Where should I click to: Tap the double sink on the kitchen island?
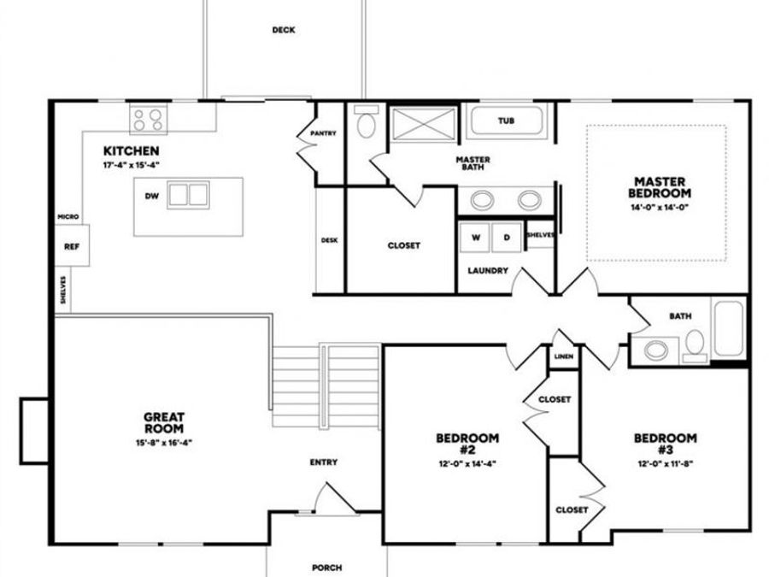click(188, 195)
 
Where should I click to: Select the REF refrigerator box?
click(71, 247)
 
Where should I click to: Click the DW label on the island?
click(151, 196)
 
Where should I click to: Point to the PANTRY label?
click(324, 133)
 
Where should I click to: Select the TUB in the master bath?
click(506, 121)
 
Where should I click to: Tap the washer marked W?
click(475, 238)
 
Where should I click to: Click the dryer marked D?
click(506, 238)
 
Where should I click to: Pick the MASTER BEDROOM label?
click(660, 187)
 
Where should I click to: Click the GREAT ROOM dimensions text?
click(158, 443)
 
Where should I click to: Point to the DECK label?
click(284, 30)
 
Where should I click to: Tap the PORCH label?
click(326, 567)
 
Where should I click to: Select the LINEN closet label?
click(563, 356)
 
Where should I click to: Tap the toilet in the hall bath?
click(696, 344)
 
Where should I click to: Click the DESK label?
click(329, 240)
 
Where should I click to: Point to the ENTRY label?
click(323, 462)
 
